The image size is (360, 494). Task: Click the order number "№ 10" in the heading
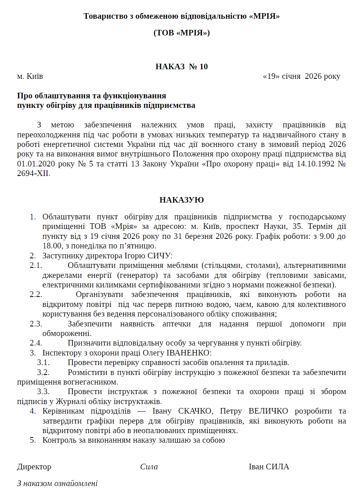(198, 66)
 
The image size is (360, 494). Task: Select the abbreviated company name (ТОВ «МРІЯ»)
(182, 33)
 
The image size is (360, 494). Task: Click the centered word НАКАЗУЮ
(182, 200)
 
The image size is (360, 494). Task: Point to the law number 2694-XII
(34, 174)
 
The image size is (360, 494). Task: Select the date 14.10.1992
(307, 164)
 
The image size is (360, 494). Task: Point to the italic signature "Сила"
(149, 467)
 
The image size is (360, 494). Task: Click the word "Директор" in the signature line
(34, 467)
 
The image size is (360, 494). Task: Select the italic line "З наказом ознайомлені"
(57, 484)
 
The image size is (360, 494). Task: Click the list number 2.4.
(36, 343)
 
